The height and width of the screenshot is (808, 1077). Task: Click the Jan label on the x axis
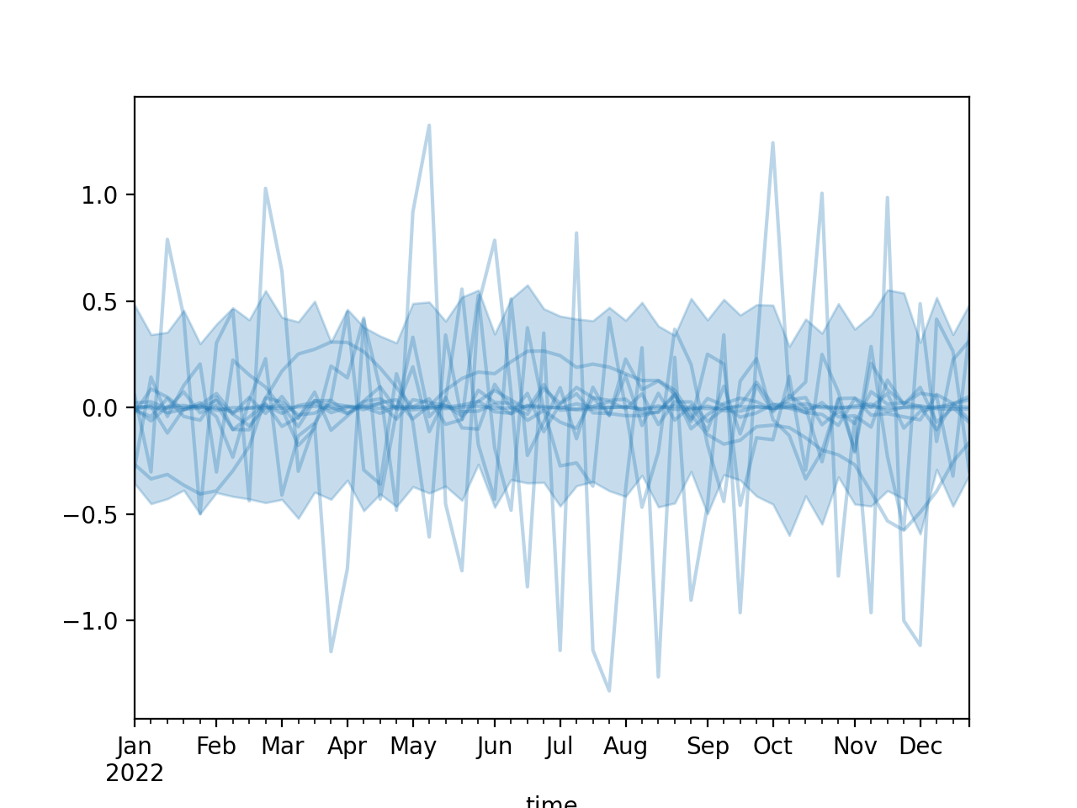pyautogui.click(x=135, y=747)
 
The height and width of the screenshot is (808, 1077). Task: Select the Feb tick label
pyautogui.click(x=216, y=747)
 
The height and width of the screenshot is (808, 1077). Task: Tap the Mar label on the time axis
pyautogui.click(x=282, y=747)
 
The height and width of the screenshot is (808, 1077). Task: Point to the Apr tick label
pyautogui.click(x=348, y=747)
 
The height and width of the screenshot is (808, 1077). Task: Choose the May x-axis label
pyautogui.click(x=413, y=747)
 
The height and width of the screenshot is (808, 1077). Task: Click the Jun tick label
pyautogui.click(x=495, y=747)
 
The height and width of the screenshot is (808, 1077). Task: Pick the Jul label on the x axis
pyautogui.click(x=560, y=747)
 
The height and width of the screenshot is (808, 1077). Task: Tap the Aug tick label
pyautogui.click(x=625, y=747)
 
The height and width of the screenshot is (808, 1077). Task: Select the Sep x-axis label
pyautogui.click(x=708, y=747)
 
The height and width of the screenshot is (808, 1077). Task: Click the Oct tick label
pyautogui.click(x=772, y=747)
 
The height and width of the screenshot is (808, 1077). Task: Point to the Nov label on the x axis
pyautogui.click(x=855, y=747)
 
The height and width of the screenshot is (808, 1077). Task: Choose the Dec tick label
pyautogui.click(x=920, y=747)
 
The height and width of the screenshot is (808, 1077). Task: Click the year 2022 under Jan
pyautogui.click(x=135, y=773)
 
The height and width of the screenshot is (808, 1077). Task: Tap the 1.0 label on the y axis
pyautogui.click(x=107, y=195)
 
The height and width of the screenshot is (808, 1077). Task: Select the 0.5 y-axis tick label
pyautogui.click(x=107, y=302)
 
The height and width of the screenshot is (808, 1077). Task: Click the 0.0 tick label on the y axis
pyautogui.click(x=107, y=408)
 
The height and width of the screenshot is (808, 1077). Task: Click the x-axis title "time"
pyautogui.click(x=551, y=801)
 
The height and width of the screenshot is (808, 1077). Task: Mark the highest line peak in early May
pyautogui.click(x=429, y=125)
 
